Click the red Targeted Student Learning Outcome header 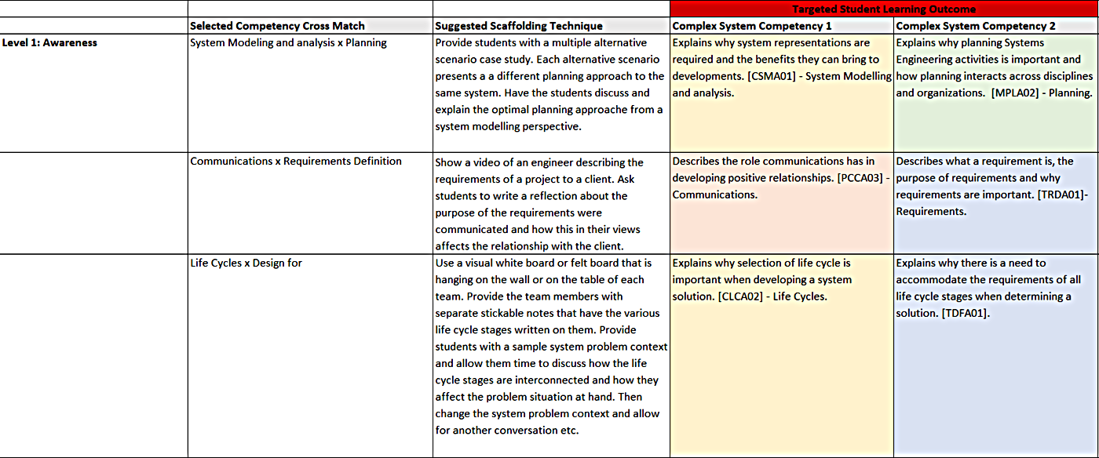884,9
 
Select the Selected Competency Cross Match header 277,26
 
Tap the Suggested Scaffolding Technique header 519,26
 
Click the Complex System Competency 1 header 752,26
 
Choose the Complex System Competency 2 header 976,26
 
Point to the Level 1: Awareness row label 49,43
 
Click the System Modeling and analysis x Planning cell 288,43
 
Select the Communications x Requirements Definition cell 296,162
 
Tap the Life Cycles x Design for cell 246,263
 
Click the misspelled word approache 603,110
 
